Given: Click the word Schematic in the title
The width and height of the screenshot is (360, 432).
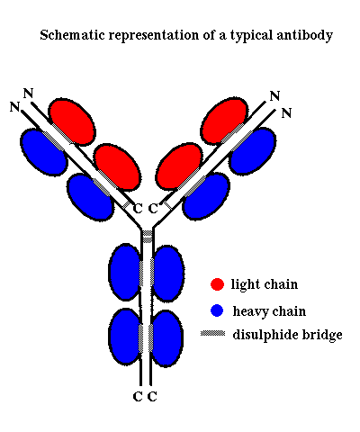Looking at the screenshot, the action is (72, 35).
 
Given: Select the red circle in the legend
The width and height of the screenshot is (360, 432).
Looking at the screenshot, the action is (217, 284).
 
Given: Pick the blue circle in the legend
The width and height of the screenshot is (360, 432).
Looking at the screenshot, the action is (217, 310).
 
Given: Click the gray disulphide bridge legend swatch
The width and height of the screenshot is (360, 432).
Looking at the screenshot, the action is (212, 333).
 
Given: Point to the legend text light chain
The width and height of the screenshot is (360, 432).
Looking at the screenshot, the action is (265, 284).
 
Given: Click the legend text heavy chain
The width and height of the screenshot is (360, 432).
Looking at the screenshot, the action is (269, 311).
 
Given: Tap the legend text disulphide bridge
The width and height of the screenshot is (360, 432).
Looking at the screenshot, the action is (287, 334).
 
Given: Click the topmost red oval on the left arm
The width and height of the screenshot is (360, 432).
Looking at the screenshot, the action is (72, 121).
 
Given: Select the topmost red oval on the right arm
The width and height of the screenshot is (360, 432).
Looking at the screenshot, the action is (224, 121).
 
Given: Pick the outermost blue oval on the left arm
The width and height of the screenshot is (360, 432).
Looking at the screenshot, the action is (44, 152).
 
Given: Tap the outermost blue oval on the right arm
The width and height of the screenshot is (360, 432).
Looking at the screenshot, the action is (253, 151).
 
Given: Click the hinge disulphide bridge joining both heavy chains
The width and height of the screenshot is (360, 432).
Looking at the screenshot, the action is (147, 237).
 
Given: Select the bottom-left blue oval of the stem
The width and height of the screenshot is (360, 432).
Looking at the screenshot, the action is (125, 337).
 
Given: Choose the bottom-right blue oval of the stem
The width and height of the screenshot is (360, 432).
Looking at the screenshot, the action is (166, 338).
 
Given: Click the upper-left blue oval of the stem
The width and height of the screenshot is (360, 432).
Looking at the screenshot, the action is (125, 272).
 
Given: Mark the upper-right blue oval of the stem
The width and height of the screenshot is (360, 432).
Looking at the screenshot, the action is (167, 274).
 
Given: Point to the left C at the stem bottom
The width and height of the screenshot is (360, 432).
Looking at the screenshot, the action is (138, 397).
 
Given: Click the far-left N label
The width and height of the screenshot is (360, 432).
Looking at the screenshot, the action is (14, 107).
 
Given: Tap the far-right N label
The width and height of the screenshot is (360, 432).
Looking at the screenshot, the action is (286, 113).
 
